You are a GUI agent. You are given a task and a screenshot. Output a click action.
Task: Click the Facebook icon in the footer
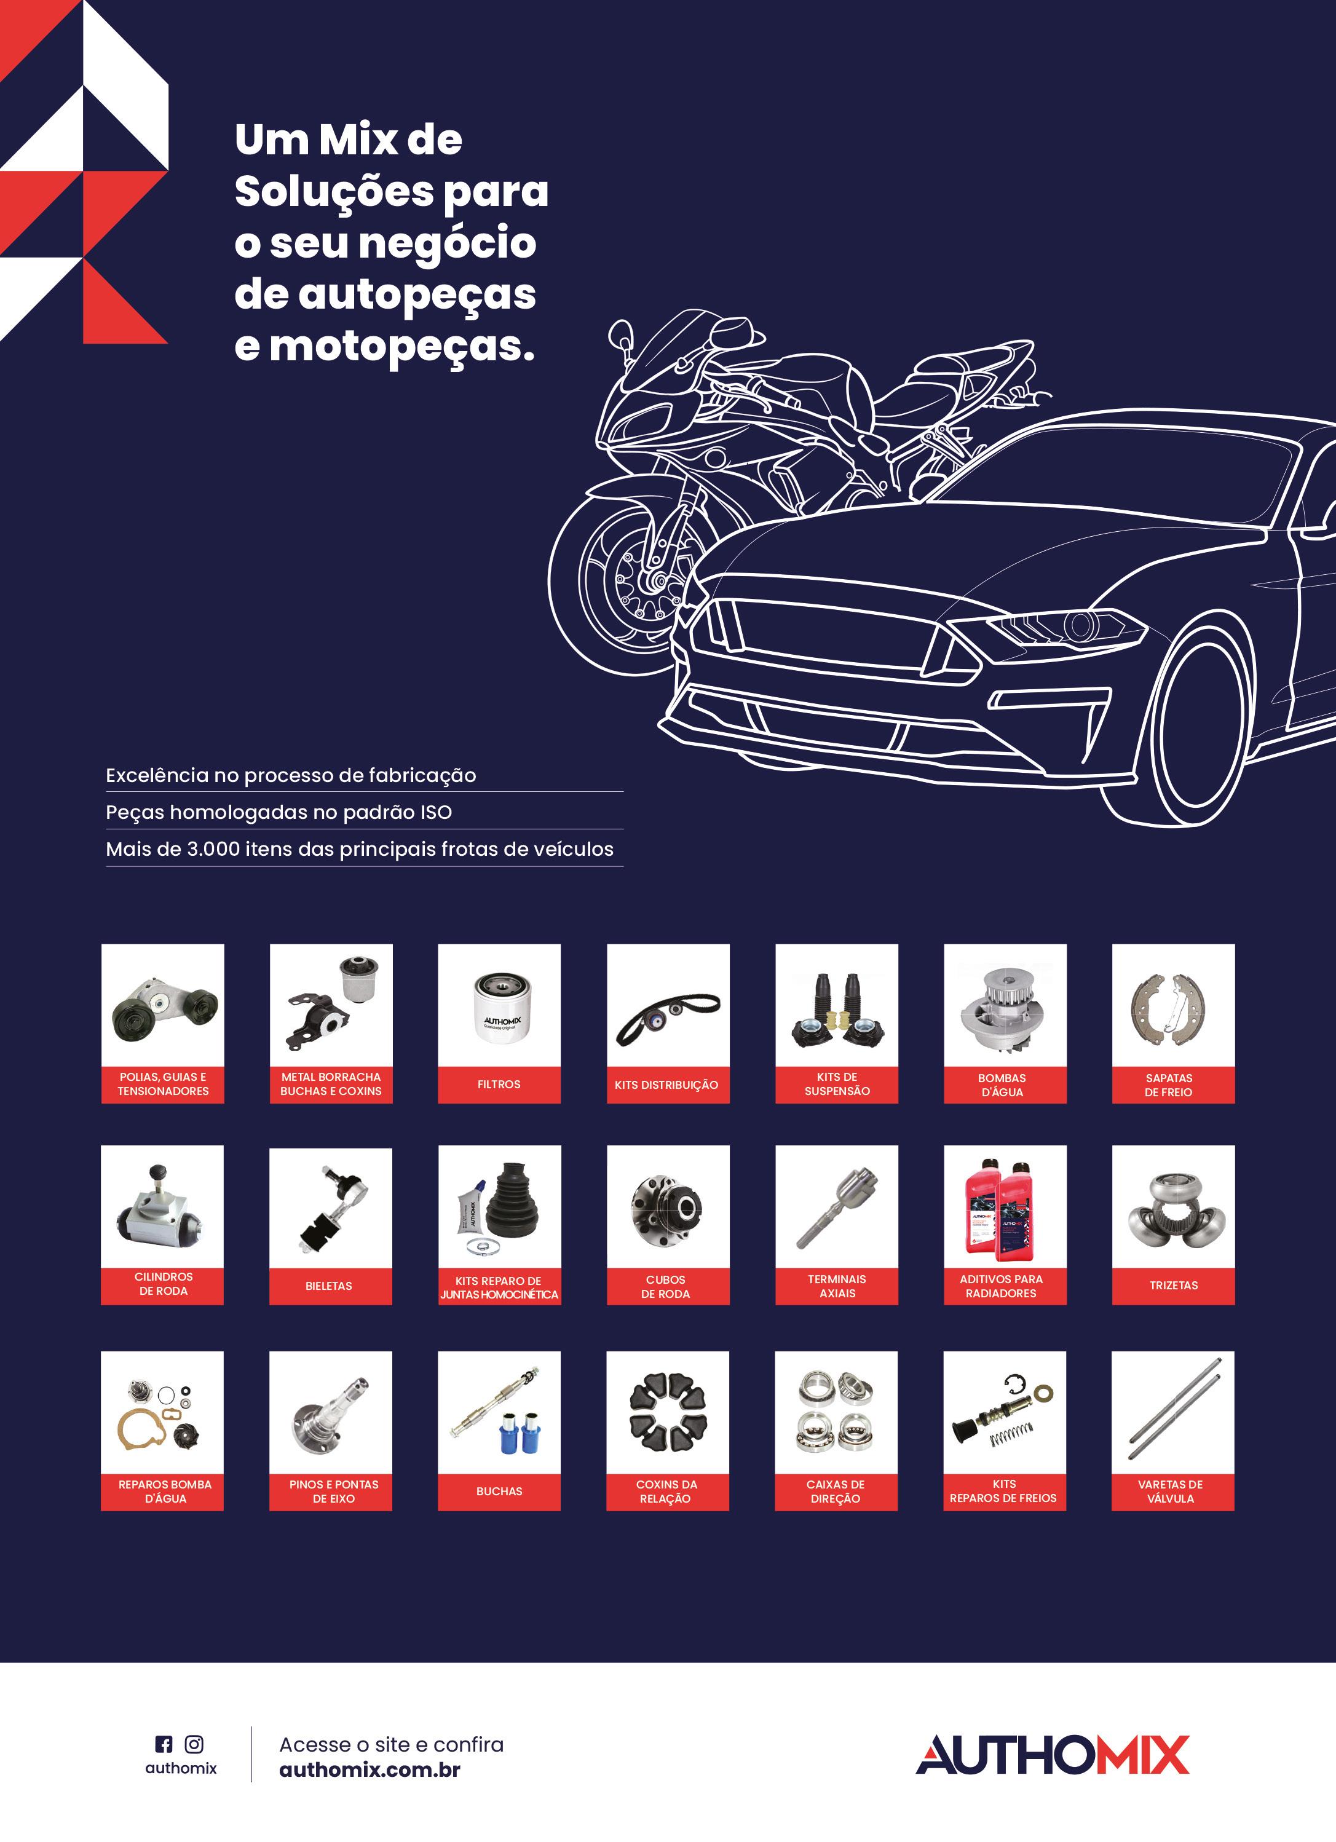pos(164,1744)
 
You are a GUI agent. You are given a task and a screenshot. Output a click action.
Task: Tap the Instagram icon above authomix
pos(194,1744)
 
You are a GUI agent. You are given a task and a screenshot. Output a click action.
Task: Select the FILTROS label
pos(499,1085)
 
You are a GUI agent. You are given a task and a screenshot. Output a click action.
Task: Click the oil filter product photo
pos(500,1006)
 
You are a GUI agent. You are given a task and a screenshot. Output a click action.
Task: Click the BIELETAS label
pos(329,1286)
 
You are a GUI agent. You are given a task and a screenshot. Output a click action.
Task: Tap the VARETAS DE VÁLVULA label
pos(1171,1491)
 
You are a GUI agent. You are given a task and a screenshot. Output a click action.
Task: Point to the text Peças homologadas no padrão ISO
pos(279,812)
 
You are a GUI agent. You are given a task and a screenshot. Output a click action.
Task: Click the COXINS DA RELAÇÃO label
pos(666,1491)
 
